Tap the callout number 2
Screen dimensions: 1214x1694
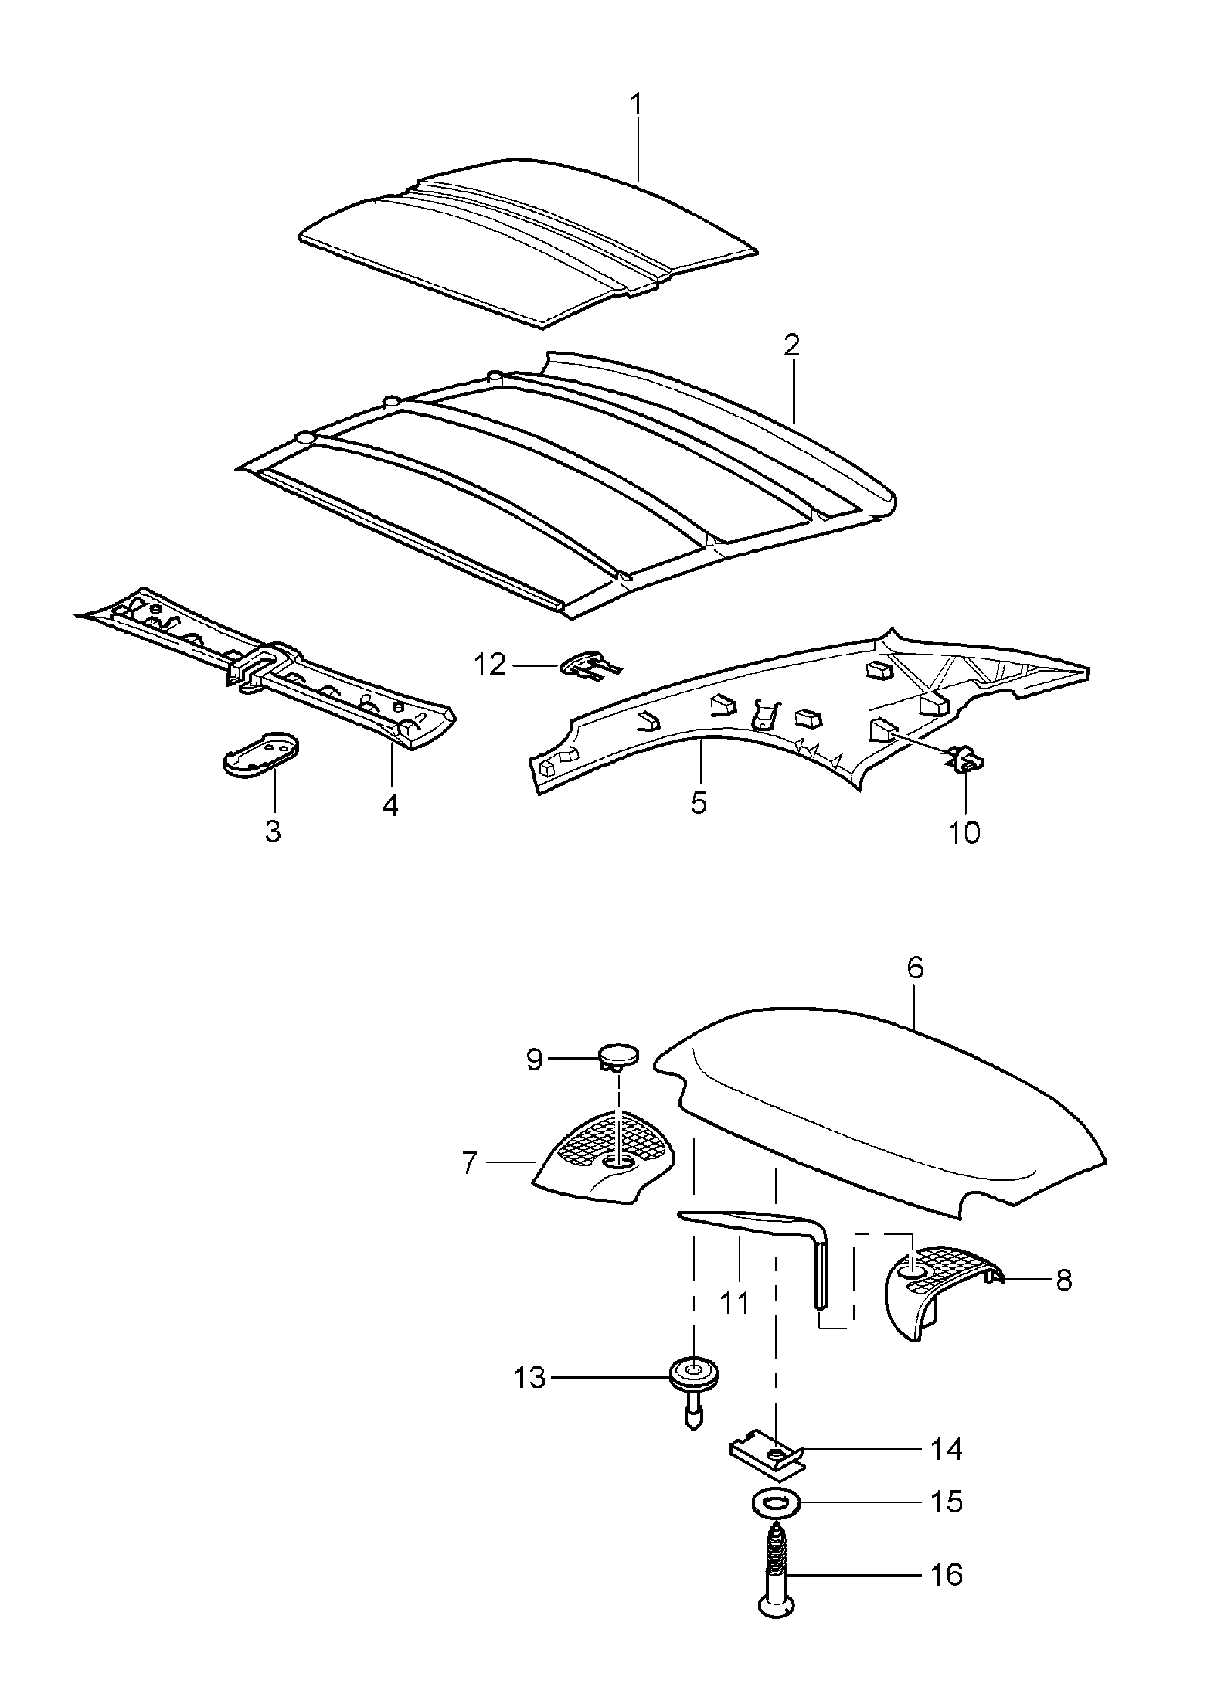791,345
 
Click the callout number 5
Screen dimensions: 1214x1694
699,803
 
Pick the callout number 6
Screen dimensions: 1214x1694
916,969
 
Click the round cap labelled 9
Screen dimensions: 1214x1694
619,1056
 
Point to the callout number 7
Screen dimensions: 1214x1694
469,1185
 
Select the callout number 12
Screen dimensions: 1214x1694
490,664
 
